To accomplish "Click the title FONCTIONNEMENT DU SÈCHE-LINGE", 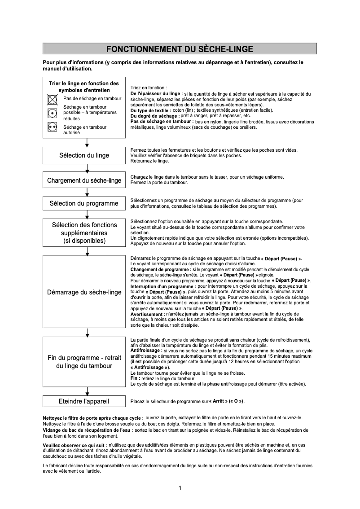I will [x=180, y=49].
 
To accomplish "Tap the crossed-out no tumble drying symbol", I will [x=52, y=99].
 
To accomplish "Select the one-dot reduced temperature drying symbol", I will [x=52, y=113].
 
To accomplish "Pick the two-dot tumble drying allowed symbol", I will [x=52, y=127].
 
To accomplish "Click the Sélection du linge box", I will [x=84, y=155].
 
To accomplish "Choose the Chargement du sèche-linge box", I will [x=84, y=180].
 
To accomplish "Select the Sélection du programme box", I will [x=84, y=203].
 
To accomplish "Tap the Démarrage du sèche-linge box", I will [x=84, y=292].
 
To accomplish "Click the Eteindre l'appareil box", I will [x=84, y=401].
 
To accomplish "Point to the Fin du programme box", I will [x=84, y=361].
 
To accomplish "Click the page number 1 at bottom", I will [x=180, y=488].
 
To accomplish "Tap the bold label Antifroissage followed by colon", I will [x=146, y=350].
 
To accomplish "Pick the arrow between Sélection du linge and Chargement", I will [x=87, y=168].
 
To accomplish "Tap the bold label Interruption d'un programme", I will [x=163, y=286].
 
